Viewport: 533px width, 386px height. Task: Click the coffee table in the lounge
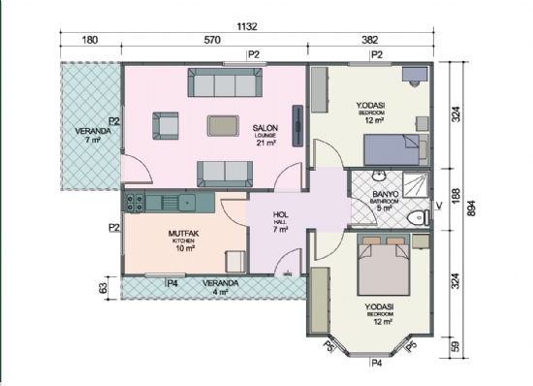(x=224, y=124)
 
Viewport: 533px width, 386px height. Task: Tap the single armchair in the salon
(x=166, y=125)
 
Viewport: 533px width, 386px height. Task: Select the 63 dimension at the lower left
(x=103, y=287)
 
